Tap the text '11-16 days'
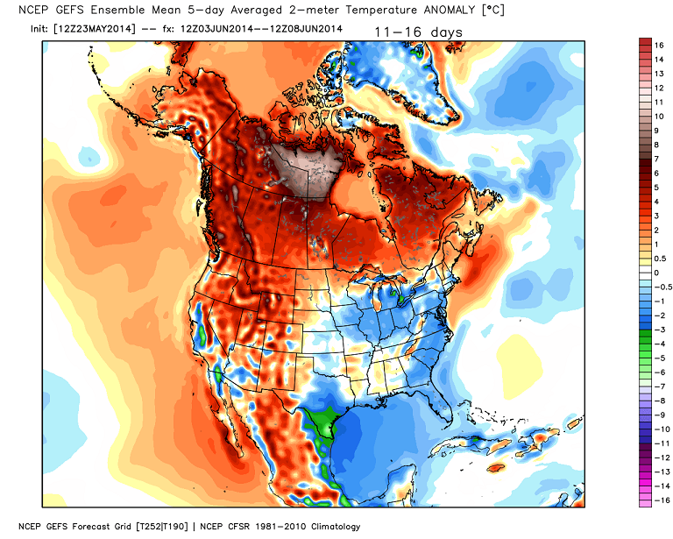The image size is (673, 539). (418, 32)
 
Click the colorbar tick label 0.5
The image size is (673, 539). (660, 258)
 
